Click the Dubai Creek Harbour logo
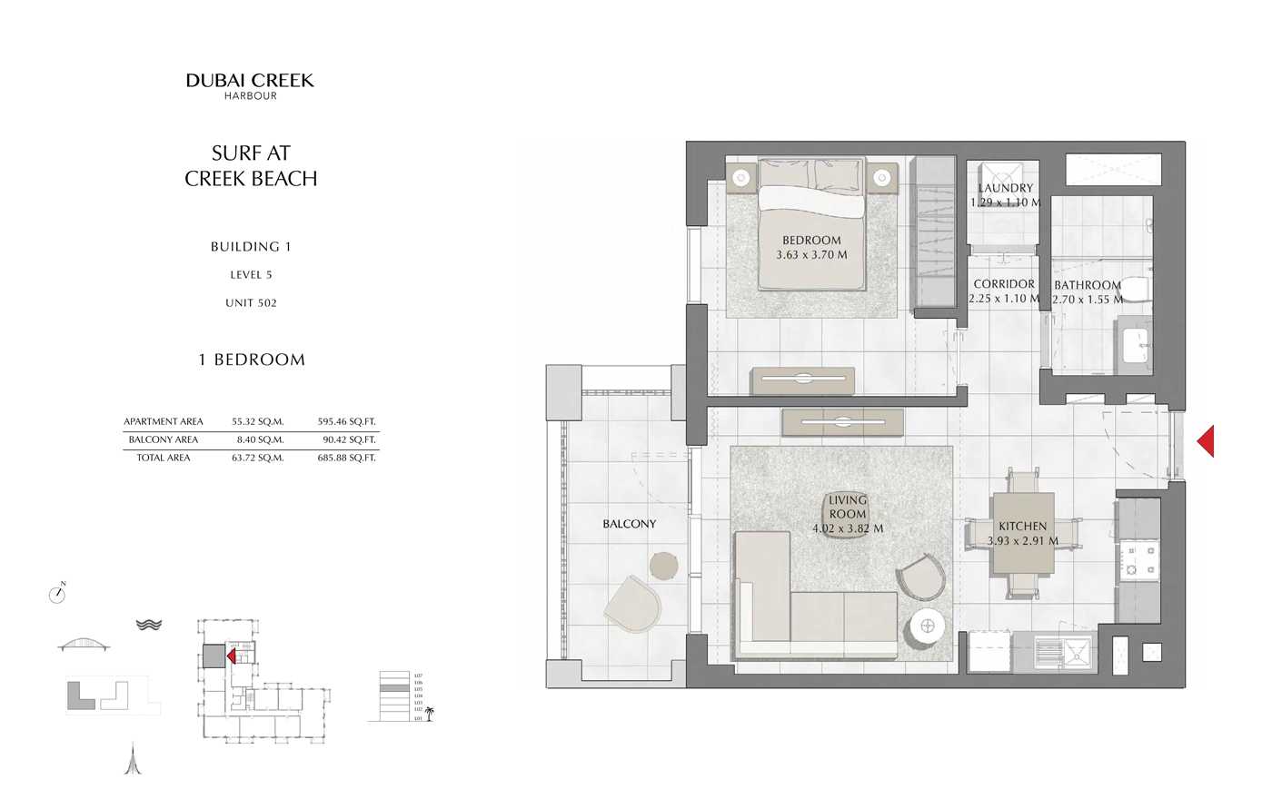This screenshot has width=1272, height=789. pos(250,85)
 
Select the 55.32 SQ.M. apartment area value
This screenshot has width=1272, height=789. pos(258,421)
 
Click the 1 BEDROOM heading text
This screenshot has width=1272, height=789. pos(252,360)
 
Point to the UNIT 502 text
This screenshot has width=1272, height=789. pos(251,303)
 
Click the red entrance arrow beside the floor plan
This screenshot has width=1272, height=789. pos(1206,441)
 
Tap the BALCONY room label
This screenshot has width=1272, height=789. pos(629,524)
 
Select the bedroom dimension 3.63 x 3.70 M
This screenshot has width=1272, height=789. pos(811,255)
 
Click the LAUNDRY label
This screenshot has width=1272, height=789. pos(1005,188)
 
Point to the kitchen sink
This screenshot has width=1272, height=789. pos(1078,652)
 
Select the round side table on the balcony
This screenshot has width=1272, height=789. pos(664,565)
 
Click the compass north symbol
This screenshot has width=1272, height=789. pos(57,594)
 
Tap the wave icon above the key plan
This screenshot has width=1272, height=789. pos(148,625)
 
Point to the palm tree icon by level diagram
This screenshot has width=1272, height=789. pos(430,713)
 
